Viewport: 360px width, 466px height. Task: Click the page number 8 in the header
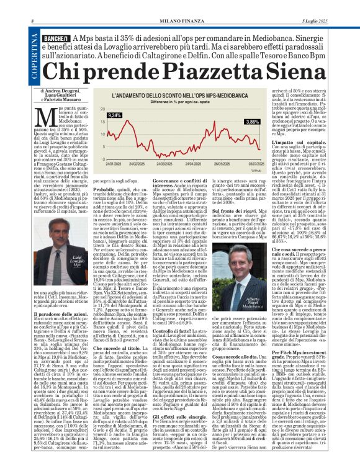tap(32, 6)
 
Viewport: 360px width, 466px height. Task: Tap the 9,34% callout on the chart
tap(114, 116)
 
